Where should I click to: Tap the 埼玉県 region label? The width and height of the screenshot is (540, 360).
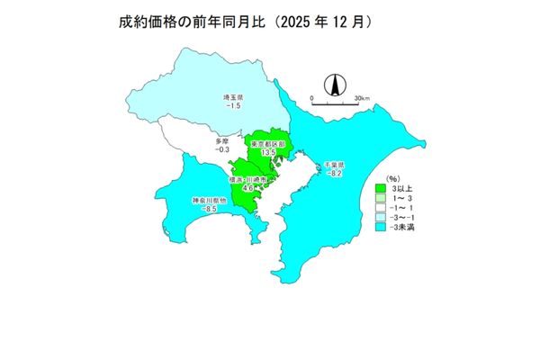235,97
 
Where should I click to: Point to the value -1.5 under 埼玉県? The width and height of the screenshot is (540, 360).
234,107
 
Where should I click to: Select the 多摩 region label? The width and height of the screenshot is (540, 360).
222,141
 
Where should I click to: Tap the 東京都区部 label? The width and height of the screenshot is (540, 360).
267,144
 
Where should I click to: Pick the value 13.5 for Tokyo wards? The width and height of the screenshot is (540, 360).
267,154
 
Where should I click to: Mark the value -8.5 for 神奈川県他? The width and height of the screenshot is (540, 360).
209,210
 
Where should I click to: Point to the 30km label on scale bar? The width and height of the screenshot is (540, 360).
362,96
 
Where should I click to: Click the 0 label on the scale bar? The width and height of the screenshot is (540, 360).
311,96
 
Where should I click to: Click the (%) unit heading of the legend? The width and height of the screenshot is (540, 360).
392,179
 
